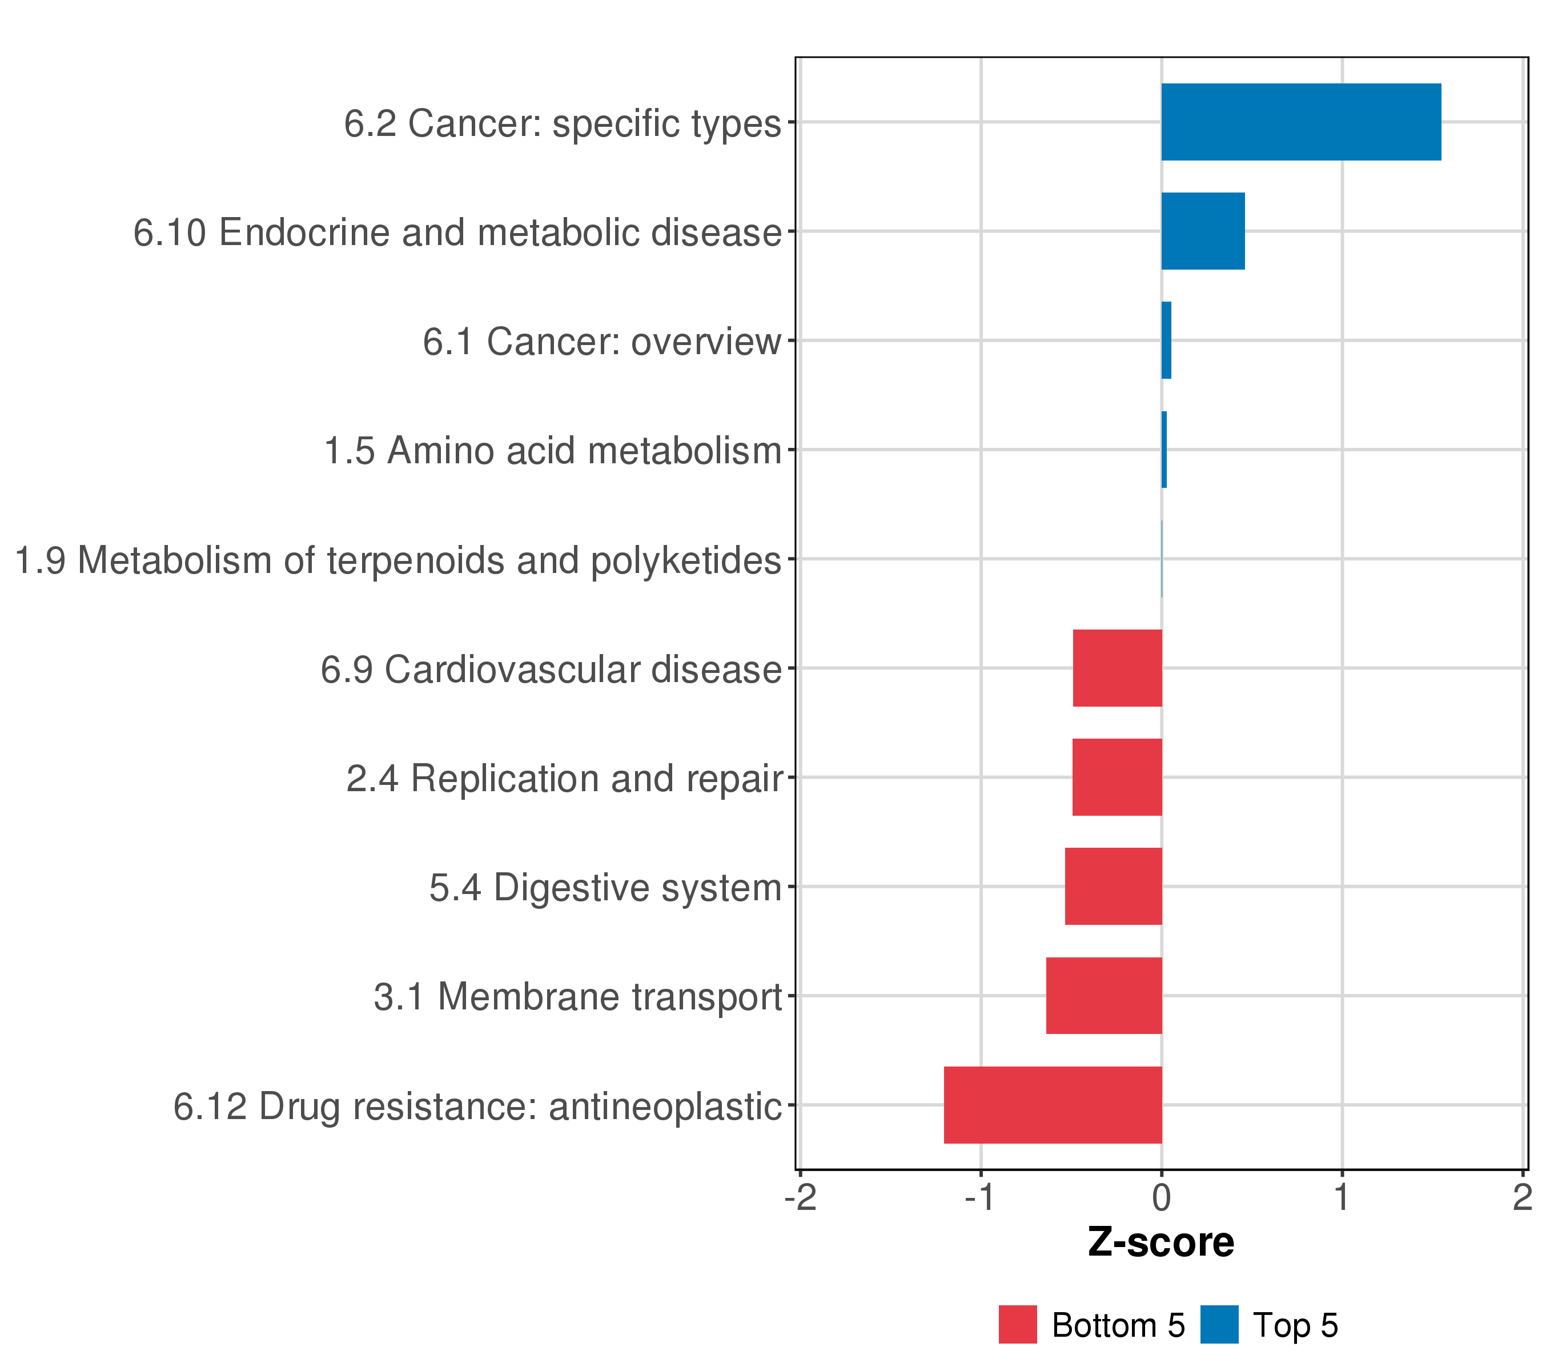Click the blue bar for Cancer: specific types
tap(1300, 122)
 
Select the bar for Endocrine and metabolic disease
tap(1203, 231)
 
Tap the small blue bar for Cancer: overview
tap(1166, 340)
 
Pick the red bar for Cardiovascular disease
tap(1117, 668)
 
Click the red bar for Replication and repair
tap(1117, 777)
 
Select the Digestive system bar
tap(1114, 887)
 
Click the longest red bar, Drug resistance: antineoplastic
tap(1053, 1105)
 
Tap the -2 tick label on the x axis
tap(801, 1197)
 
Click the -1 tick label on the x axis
tap(981, 1197)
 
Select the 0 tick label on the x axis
tap(1162, 1197)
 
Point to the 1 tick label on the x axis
tap(1342, 1197)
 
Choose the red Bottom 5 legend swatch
tap(1018, 1325)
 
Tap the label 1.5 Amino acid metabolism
tap(552, 451)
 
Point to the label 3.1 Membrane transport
tap(577, 997)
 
